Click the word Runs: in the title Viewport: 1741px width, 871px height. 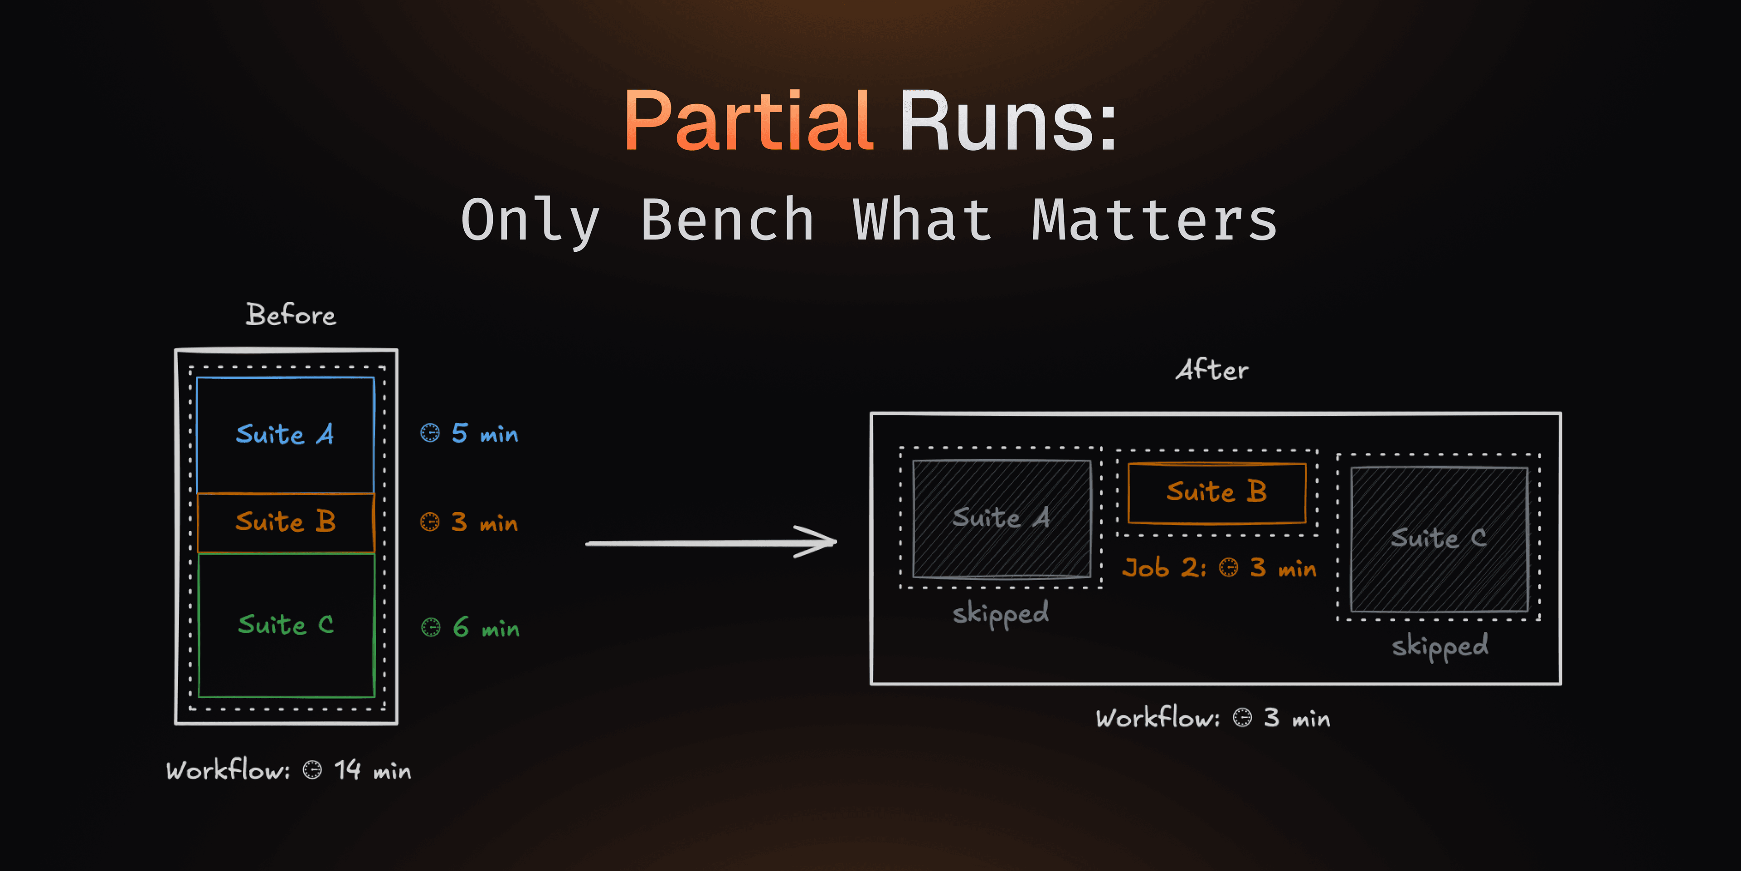1008,122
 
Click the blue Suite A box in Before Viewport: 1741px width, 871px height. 285,434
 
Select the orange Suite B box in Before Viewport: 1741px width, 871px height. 285,522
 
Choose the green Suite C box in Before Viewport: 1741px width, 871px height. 286,624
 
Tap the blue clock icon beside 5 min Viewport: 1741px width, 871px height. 430,433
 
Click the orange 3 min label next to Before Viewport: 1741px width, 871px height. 483,522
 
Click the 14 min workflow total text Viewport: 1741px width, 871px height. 372,770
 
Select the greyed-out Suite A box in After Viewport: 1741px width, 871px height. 1001,519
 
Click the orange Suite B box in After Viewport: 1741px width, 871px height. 1216,492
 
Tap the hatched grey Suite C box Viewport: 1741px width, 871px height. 1438,539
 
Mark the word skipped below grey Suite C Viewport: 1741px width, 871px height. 1439,646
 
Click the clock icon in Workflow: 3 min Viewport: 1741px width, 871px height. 1241,718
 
